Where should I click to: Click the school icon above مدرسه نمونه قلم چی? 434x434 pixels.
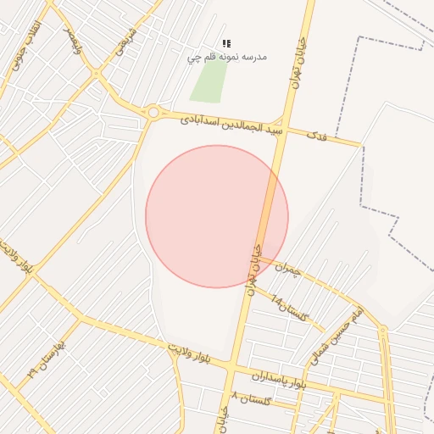coord(226,42)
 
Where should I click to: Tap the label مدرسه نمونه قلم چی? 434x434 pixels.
coord(226,57)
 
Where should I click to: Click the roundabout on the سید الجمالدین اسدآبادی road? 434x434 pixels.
coord(153,112)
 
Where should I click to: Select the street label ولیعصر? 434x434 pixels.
coord(75,41)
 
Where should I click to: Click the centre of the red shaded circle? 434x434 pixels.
coord(217,216)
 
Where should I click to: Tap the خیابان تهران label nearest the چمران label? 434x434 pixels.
coord(252,264)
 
